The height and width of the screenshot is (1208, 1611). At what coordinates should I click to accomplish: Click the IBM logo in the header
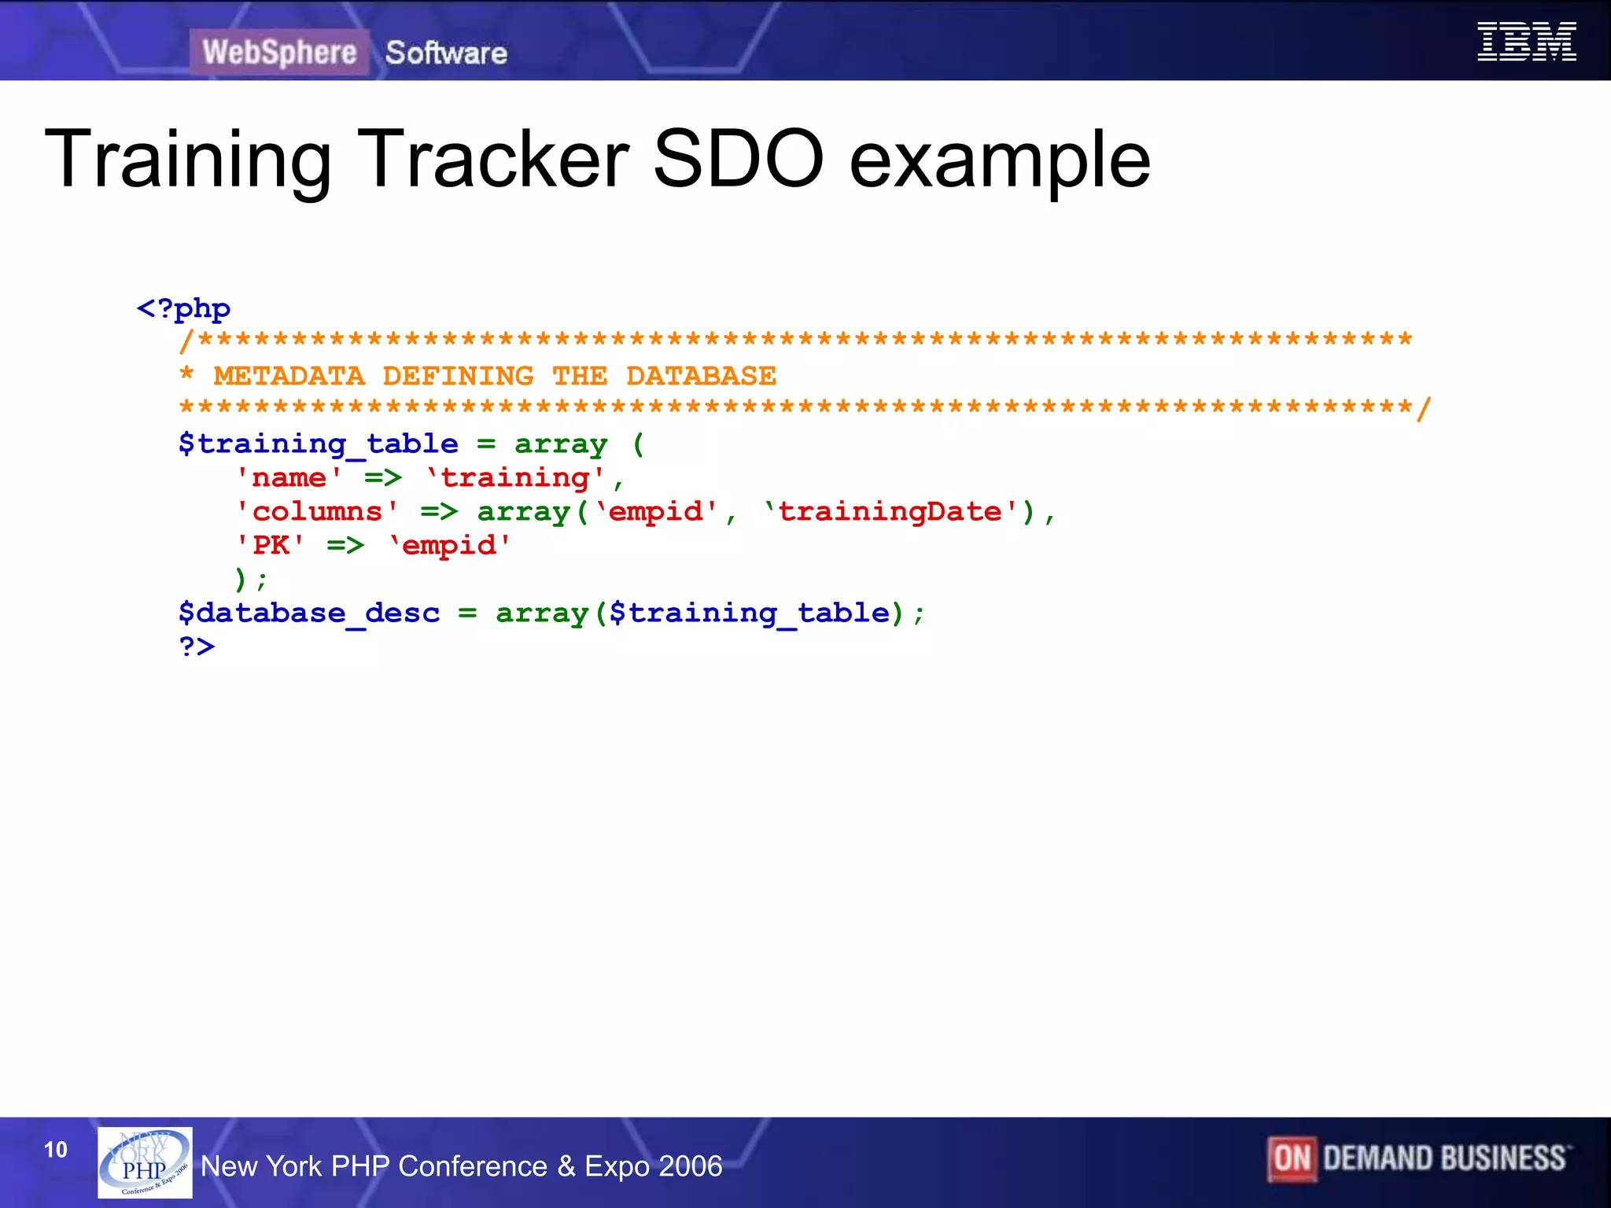(1526, 42)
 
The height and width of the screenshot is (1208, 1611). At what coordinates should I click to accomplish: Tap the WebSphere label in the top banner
(279, 52)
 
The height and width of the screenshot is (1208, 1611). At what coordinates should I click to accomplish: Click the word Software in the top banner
(446, 53)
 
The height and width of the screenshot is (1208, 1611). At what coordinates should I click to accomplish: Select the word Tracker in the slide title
(493, 159)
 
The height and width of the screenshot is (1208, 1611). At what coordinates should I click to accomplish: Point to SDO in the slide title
(737, 159)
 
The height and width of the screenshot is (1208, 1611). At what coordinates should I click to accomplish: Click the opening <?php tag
(183, 308)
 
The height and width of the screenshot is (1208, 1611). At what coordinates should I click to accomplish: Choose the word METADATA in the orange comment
(289, 376)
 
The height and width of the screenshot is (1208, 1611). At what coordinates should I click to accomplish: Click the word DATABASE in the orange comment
(701, 376)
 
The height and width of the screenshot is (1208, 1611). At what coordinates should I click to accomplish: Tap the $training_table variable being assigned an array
(318, 444)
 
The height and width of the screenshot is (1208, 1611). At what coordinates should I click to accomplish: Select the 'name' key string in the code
(289, 477)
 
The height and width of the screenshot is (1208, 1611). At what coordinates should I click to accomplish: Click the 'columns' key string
(317, 512)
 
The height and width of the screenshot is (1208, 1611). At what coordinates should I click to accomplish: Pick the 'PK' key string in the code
(271, 545)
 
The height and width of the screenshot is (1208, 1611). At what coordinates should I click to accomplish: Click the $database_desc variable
(308, 613)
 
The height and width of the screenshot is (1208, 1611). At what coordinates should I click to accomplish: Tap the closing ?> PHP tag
(197, 646)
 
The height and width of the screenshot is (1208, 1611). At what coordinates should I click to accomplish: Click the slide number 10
(56, 1150)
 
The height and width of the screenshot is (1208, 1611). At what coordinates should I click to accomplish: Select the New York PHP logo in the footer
(145, 1162)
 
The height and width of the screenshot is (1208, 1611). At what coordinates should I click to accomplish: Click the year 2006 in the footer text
(691, 1166)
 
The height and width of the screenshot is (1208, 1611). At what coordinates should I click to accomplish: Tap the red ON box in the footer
(1292, 1158)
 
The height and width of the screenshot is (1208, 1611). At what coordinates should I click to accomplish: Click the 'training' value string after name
(515, 477)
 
